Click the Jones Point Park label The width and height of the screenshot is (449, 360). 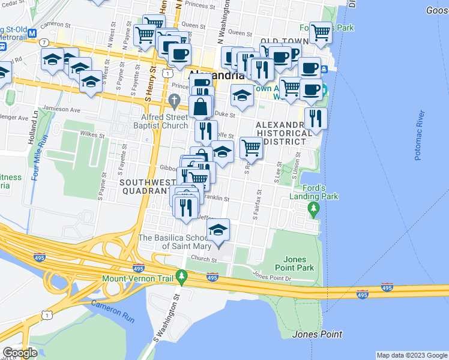(x=294, y=262)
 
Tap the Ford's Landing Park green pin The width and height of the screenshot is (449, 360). (x=313, y=209)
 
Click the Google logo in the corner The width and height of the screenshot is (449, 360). (x=20, y=352)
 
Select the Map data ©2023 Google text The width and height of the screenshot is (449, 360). (x=411, y=355)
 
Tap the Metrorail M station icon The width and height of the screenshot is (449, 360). (x=32, y=34)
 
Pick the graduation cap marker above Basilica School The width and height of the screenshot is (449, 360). (x=218, y=229)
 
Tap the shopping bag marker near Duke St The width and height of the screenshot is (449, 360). (x=200, y=107)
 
